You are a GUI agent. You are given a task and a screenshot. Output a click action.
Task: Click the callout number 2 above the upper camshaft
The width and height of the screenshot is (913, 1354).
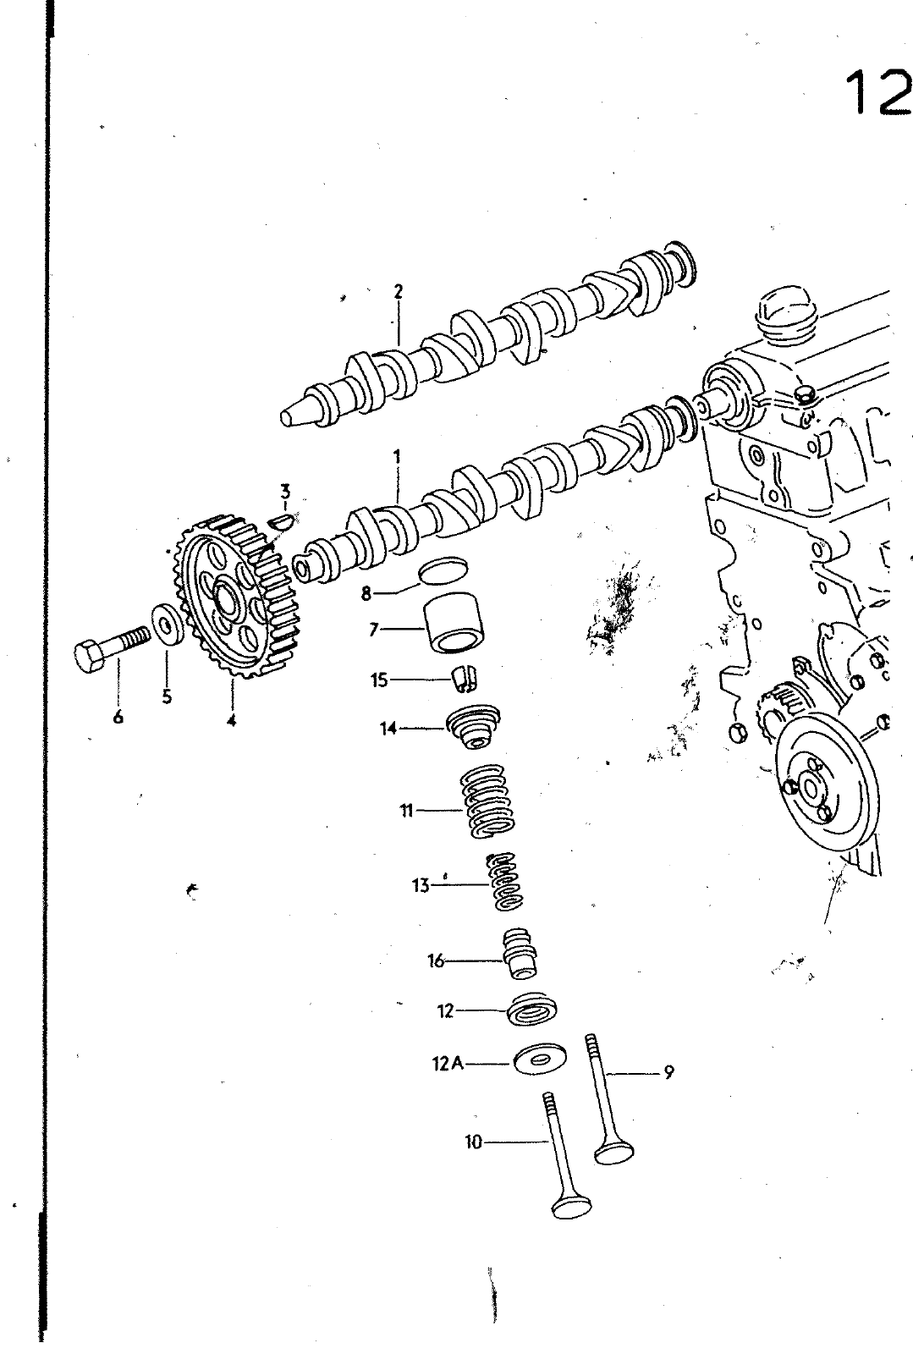(398, 292)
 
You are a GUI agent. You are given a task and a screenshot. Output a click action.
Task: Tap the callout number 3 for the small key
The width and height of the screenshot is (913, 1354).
(285, 490)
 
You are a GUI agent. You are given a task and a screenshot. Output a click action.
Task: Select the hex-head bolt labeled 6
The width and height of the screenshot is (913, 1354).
(112, 649)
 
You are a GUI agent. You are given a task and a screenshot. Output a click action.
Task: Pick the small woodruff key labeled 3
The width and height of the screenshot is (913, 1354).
(281, 520)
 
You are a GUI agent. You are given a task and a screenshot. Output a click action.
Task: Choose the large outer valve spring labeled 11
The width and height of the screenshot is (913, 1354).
(488, 801)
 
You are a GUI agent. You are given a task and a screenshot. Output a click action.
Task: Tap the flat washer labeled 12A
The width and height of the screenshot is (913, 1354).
(540, 1059)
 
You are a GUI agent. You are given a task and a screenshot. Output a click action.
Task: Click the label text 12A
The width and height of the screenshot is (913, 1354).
(448, 1063)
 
